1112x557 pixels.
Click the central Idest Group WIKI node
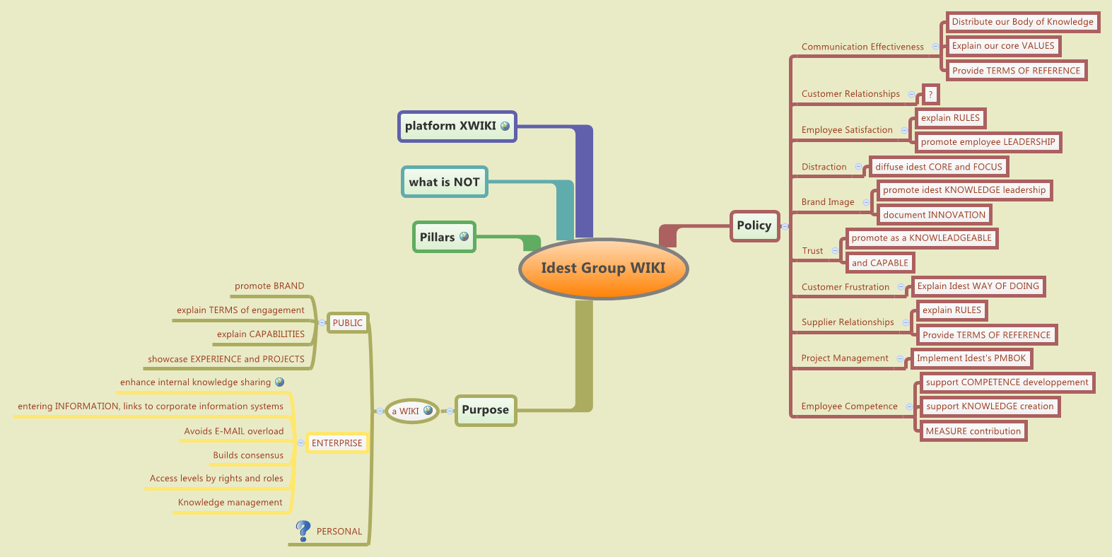tap(603, 268)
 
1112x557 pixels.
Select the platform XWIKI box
tap(457, 127)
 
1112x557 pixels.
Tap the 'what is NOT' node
tap(444, 182)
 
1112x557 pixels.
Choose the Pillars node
tap(443, 237)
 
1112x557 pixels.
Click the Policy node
tap(754, 225)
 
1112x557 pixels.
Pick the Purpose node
tap(485, 410)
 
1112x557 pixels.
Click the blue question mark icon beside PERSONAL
tap(303, 530)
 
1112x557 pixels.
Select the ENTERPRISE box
tap(337, 443)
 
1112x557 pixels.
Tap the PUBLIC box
tap(347, 323)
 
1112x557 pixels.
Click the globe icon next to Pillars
tap(464, 237)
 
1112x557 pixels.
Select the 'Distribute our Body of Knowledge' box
tap(1022, 22)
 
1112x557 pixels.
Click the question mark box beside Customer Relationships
tap(930, 94)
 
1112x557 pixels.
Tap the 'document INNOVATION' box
tap(934, 215)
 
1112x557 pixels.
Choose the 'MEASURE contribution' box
tap(973, 431)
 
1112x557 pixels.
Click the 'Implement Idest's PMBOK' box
tap(971, 358)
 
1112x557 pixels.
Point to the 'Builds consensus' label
tap(248, 455)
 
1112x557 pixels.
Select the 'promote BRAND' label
tap(269, 286)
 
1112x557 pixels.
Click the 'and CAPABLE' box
tap(879, 263)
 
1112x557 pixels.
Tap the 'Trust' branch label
tap(812, 251)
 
